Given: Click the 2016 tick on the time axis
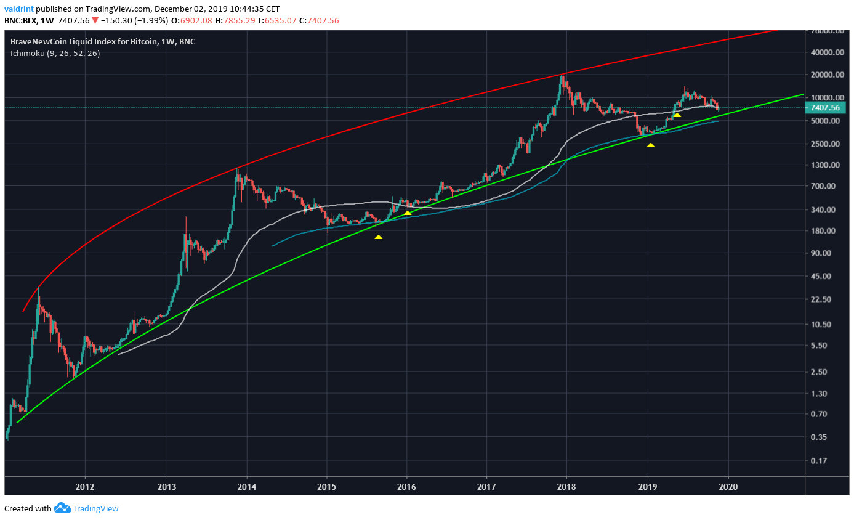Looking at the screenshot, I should (x=406, y=485).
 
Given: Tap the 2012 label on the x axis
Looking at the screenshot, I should (x=84, y=485).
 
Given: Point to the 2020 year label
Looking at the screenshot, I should (x=728, y=485).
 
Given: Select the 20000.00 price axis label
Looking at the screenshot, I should (x=827, y=75).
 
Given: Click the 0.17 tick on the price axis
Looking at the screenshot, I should (x=821, y=461).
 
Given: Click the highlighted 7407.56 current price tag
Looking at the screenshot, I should (x=826, y=108).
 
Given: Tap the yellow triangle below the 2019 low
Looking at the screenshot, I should (x=651, y=145).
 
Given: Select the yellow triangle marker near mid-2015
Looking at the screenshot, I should (x=378, y=237).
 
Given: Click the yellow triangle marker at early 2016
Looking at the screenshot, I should (x=407, y=213).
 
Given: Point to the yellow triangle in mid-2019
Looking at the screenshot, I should (x=677, y=115).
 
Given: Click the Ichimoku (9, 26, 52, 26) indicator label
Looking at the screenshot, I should (x=55, y=54).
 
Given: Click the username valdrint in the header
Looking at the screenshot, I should (x=18, y=9).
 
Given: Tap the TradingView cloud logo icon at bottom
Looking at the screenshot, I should (x=62, y=508).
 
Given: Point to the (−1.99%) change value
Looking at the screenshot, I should (x=150, y=20).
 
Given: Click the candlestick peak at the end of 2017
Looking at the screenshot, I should (x=562, y=75).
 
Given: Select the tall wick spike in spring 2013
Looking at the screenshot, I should (x=186, y=217).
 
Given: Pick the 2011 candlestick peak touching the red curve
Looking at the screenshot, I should (x=38, y=288).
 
